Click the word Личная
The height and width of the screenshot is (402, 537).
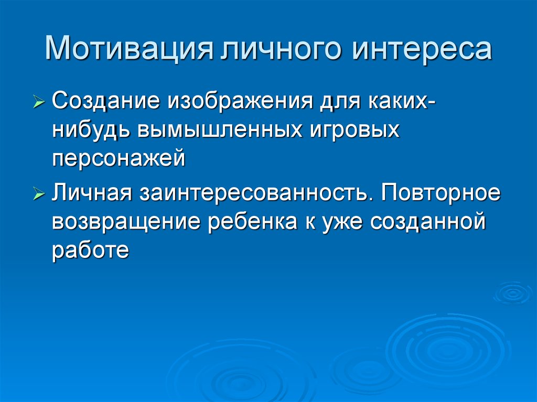(x=91, y=195)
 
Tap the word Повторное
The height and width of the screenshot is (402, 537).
(x=441, y=195)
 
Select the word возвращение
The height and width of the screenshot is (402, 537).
(x=126, y=224)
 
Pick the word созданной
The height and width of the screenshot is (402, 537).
(x=425, y=224)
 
